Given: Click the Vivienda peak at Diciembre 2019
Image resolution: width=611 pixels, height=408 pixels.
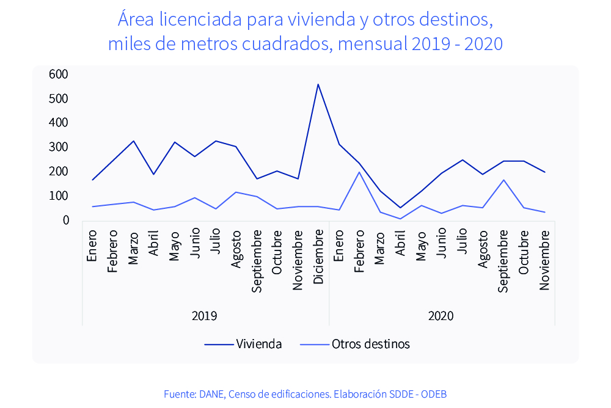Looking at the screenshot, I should click(x=318, y=84).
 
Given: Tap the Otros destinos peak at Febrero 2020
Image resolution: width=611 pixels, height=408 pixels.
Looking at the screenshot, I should click(x=359, y=172).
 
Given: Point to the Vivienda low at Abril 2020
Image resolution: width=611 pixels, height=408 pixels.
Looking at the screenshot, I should click(x=401, y=208).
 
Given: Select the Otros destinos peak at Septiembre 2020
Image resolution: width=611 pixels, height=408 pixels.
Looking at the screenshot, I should click(x=503, y=180).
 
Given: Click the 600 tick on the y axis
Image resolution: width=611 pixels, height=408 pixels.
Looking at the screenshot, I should click(x=59, y=74).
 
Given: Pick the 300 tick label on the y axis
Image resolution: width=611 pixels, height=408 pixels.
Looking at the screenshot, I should click(x=59, y=147).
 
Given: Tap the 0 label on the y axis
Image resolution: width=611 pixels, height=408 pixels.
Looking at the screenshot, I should click(x=65, y=220).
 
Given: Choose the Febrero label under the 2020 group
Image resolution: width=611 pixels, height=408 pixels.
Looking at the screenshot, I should click(x=359, y=251).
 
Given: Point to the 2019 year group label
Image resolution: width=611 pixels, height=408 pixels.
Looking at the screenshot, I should click(x=204, y=316).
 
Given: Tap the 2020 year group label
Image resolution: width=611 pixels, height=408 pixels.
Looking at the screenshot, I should click(x=441, y=316).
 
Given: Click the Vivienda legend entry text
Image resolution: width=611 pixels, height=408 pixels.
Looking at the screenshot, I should click(x=258, y=344).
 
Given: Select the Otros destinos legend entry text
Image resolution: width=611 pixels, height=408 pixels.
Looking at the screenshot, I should click(x=371, y=344).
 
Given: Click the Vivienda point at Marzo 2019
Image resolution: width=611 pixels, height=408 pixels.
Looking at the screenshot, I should click(x=133, y=141).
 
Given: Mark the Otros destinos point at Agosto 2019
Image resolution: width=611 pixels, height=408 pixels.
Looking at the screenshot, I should click(x=236, y=192).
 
